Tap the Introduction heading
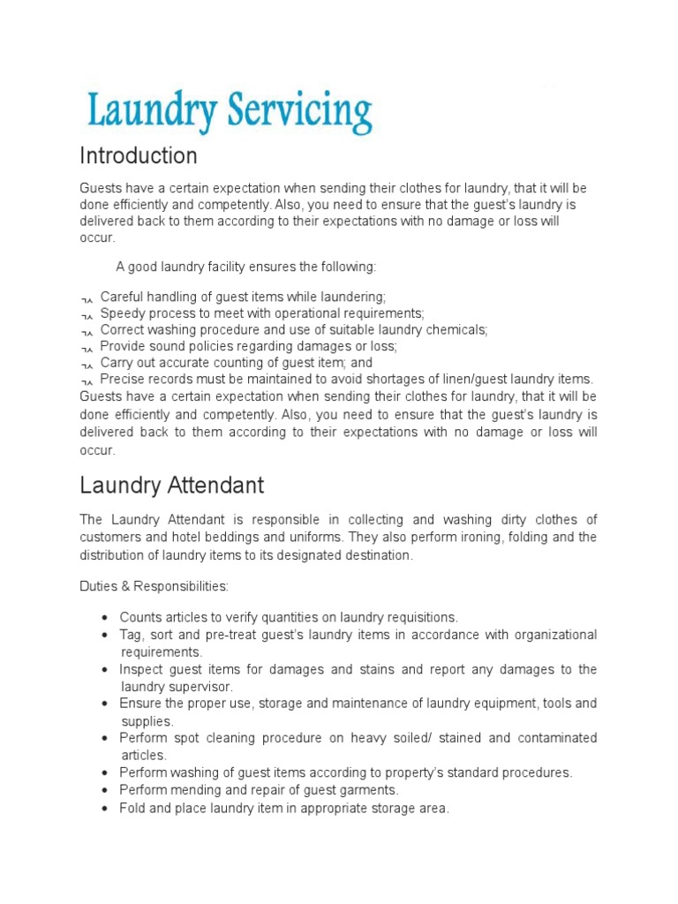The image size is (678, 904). (139, 156)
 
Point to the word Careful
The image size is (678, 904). (123, 297)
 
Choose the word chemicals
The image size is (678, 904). (455, 329)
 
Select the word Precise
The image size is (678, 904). (124, 380)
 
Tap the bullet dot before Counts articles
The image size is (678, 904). (105, 618)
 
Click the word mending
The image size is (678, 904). (193, 790)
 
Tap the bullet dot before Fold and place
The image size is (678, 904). (105, 808)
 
